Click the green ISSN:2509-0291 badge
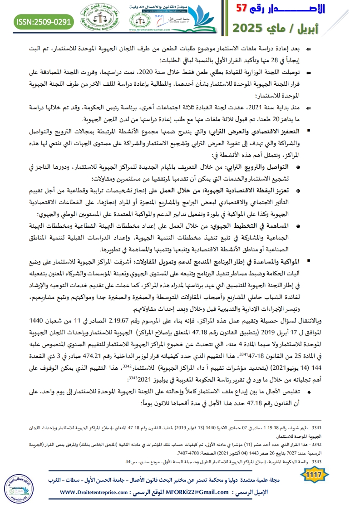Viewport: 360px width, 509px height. [44, 21]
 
